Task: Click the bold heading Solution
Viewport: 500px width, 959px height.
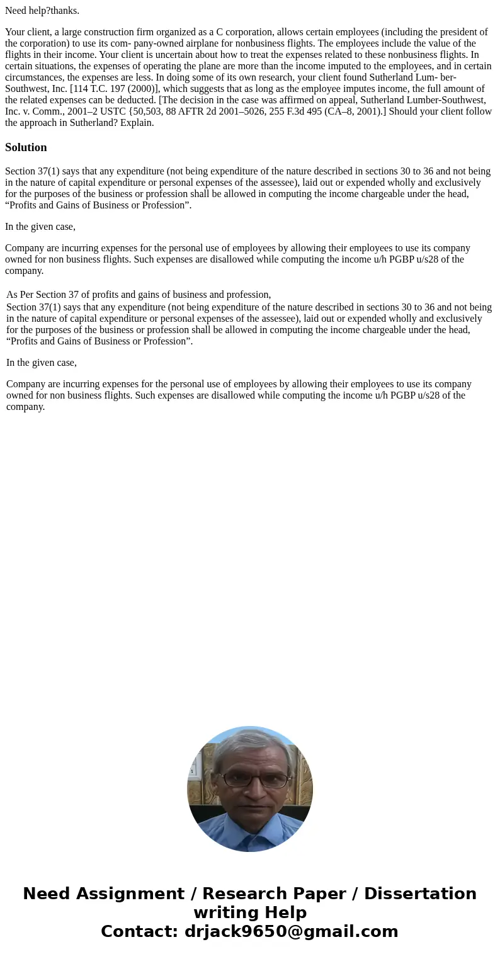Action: (x=26, y=147)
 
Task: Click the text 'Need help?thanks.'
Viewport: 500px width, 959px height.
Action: (x=42, y=10)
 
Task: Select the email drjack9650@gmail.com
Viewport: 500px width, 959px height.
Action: (x=291, y=931)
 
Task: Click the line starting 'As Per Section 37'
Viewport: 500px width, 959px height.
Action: (x=139, y=294)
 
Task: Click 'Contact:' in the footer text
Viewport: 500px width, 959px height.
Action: (x=140, y=931)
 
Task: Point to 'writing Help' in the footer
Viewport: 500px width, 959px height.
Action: (x=250, y=912)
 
